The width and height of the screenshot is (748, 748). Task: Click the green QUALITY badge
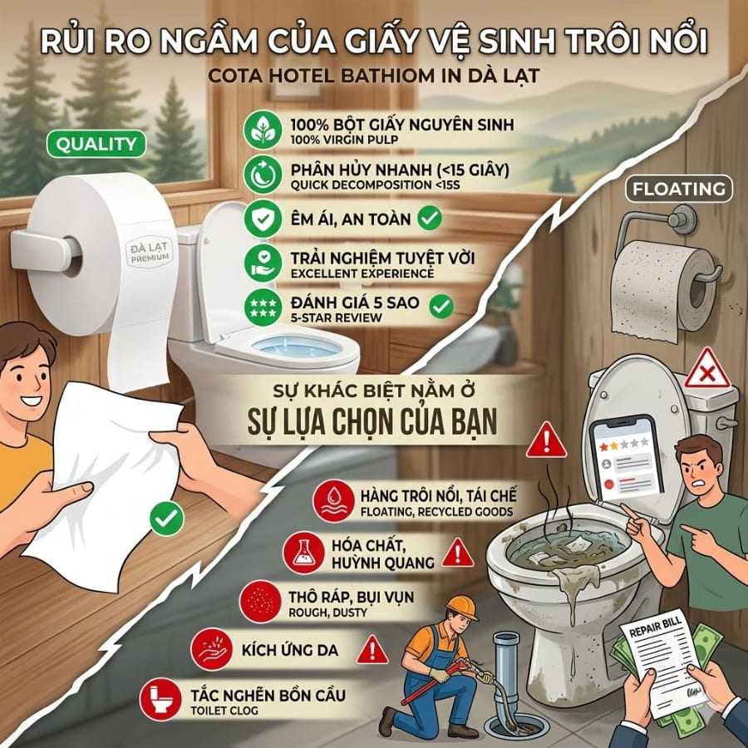(96, 144)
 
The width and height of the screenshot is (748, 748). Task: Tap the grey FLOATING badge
(678, 189)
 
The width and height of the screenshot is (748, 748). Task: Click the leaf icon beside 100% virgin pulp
(263, 130)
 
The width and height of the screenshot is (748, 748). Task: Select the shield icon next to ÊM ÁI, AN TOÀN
(263, 219)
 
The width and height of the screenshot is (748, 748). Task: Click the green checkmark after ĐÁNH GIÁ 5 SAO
(441, 306)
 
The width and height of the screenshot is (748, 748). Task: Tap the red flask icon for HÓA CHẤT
(303, 553)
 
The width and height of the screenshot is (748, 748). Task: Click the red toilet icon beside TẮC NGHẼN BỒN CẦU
(160, 699)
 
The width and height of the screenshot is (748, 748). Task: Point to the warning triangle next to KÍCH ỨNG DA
(372, 650)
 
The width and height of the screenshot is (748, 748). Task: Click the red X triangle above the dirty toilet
(707, 370)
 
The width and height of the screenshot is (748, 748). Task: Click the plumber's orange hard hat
(461, 608)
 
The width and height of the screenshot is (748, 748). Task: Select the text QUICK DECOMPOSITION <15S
(375, 185)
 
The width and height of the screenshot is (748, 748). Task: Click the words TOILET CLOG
(224, 711)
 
